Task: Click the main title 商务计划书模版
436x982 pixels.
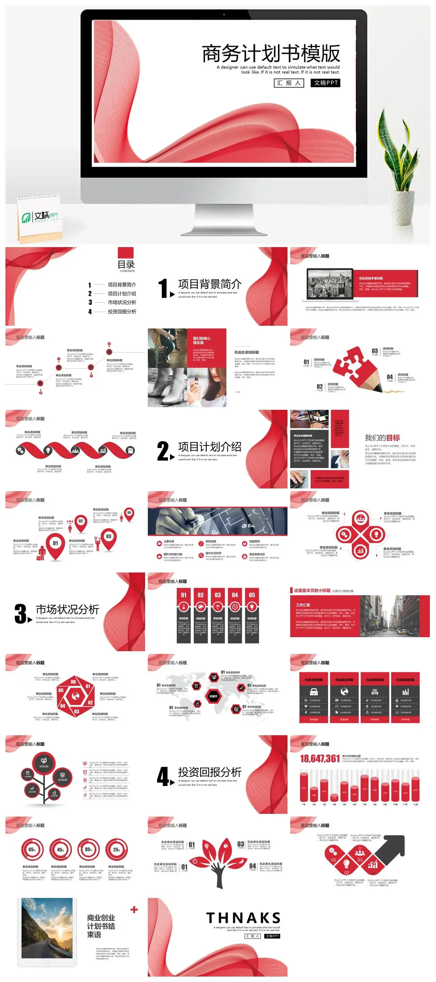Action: point(270,53)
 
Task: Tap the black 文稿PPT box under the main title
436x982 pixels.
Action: point(325,83)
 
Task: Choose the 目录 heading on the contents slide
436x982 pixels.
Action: point(126,264)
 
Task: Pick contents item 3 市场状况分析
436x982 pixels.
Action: point(122,302)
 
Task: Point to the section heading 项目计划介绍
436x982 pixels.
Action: point(209,447)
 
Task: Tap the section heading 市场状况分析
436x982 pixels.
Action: point(67,609)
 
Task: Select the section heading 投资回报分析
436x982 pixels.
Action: point(209,772)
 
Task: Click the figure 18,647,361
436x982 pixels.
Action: point(320,759)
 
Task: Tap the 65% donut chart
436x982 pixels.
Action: point(32,850)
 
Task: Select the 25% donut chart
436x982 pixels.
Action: point(117,850)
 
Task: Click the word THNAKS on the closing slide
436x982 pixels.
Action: point(243,918)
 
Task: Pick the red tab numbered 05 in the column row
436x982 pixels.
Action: point(252,595)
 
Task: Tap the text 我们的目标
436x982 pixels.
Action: point(382,438)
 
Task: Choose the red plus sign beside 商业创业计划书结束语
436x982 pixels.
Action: point(134,909)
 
